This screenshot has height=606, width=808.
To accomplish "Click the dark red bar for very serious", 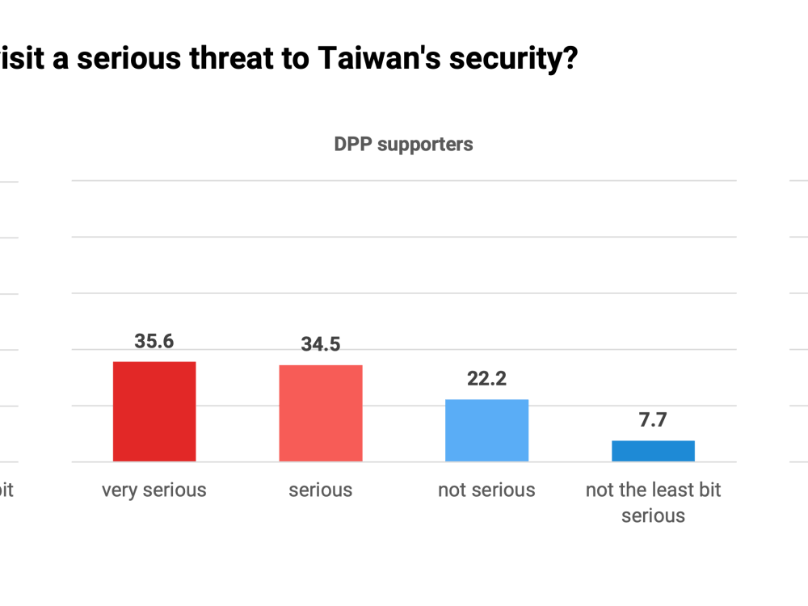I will (x=154, y=411).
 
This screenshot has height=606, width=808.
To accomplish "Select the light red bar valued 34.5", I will (x=321, y=413).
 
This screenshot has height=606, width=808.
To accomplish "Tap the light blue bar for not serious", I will (x=487, y=430).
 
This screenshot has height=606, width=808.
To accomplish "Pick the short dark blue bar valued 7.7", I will (x=654, y=451).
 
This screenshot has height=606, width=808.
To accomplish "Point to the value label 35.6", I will (x=154, y=340).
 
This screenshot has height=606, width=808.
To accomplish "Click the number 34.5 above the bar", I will (x=321, y=343).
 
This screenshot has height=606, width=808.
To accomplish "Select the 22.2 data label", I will (x=487, y=378).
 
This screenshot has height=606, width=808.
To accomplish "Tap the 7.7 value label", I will (x=654, y=420).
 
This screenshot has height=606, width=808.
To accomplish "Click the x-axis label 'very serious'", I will (x=154, y=490).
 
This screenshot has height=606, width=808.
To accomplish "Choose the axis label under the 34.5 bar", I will (x=321, y=490).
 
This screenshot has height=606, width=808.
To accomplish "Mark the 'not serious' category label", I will (x=487, y=490).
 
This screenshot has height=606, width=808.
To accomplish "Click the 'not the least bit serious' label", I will (x=654, y=502).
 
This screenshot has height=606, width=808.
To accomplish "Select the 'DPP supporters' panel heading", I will (x=403, y=145).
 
